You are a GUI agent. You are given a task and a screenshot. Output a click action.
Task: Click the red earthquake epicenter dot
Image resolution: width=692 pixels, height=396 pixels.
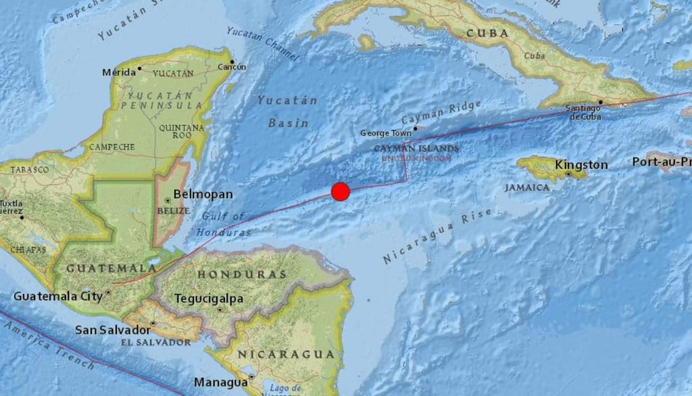pos(341,192)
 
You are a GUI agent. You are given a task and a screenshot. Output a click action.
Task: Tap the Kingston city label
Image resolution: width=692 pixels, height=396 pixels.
pos(581,165)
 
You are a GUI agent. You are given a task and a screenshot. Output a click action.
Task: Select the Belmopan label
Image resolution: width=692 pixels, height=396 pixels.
pos(203,195)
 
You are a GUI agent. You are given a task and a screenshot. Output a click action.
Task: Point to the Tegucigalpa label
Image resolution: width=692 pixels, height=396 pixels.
pos(209,298)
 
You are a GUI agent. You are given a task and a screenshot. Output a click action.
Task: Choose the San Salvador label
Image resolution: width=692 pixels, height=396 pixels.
pos(112,330)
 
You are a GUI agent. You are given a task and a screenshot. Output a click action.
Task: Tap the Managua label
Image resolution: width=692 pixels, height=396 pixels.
pos(220,382)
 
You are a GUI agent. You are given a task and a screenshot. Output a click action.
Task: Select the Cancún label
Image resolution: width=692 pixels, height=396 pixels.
pos(232,67)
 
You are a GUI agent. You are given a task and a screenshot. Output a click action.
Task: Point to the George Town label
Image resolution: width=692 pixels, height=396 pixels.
pos(386,133)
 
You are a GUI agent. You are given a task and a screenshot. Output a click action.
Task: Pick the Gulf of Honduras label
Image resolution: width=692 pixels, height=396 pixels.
pos(223,224)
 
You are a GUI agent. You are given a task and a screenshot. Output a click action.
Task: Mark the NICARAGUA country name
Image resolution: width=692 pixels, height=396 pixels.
pos(285,354)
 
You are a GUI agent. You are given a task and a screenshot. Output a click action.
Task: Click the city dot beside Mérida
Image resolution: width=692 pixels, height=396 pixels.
pos(140,68)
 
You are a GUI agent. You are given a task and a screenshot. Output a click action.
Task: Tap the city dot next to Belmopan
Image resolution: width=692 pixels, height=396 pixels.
pos(167,200)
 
